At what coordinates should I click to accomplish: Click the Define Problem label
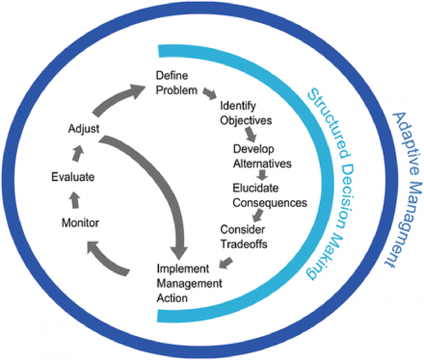pyautogui.click(x=177, y=83)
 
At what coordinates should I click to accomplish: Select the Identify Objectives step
pyautogui.click(x=246, y=113)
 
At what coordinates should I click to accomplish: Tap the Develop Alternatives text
pyautogui.click(x=262, y=156)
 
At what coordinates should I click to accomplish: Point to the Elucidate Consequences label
pyautogui.click(x=270, y=196)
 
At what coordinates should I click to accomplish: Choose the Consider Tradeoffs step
pyautogui.click(x=244, y=236)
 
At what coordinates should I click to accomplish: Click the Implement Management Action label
pyautogui.click(x=189, y=283)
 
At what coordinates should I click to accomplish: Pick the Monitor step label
pyautogui.click(x=80, y=223)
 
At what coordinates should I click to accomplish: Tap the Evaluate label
pyautogui.click(x=73, y=176)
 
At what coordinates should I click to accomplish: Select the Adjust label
pyautogui.click(x=83, y=128)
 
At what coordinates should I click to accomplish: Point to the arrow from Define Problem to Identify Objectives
pyautogui.click(x=210, y=94)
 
